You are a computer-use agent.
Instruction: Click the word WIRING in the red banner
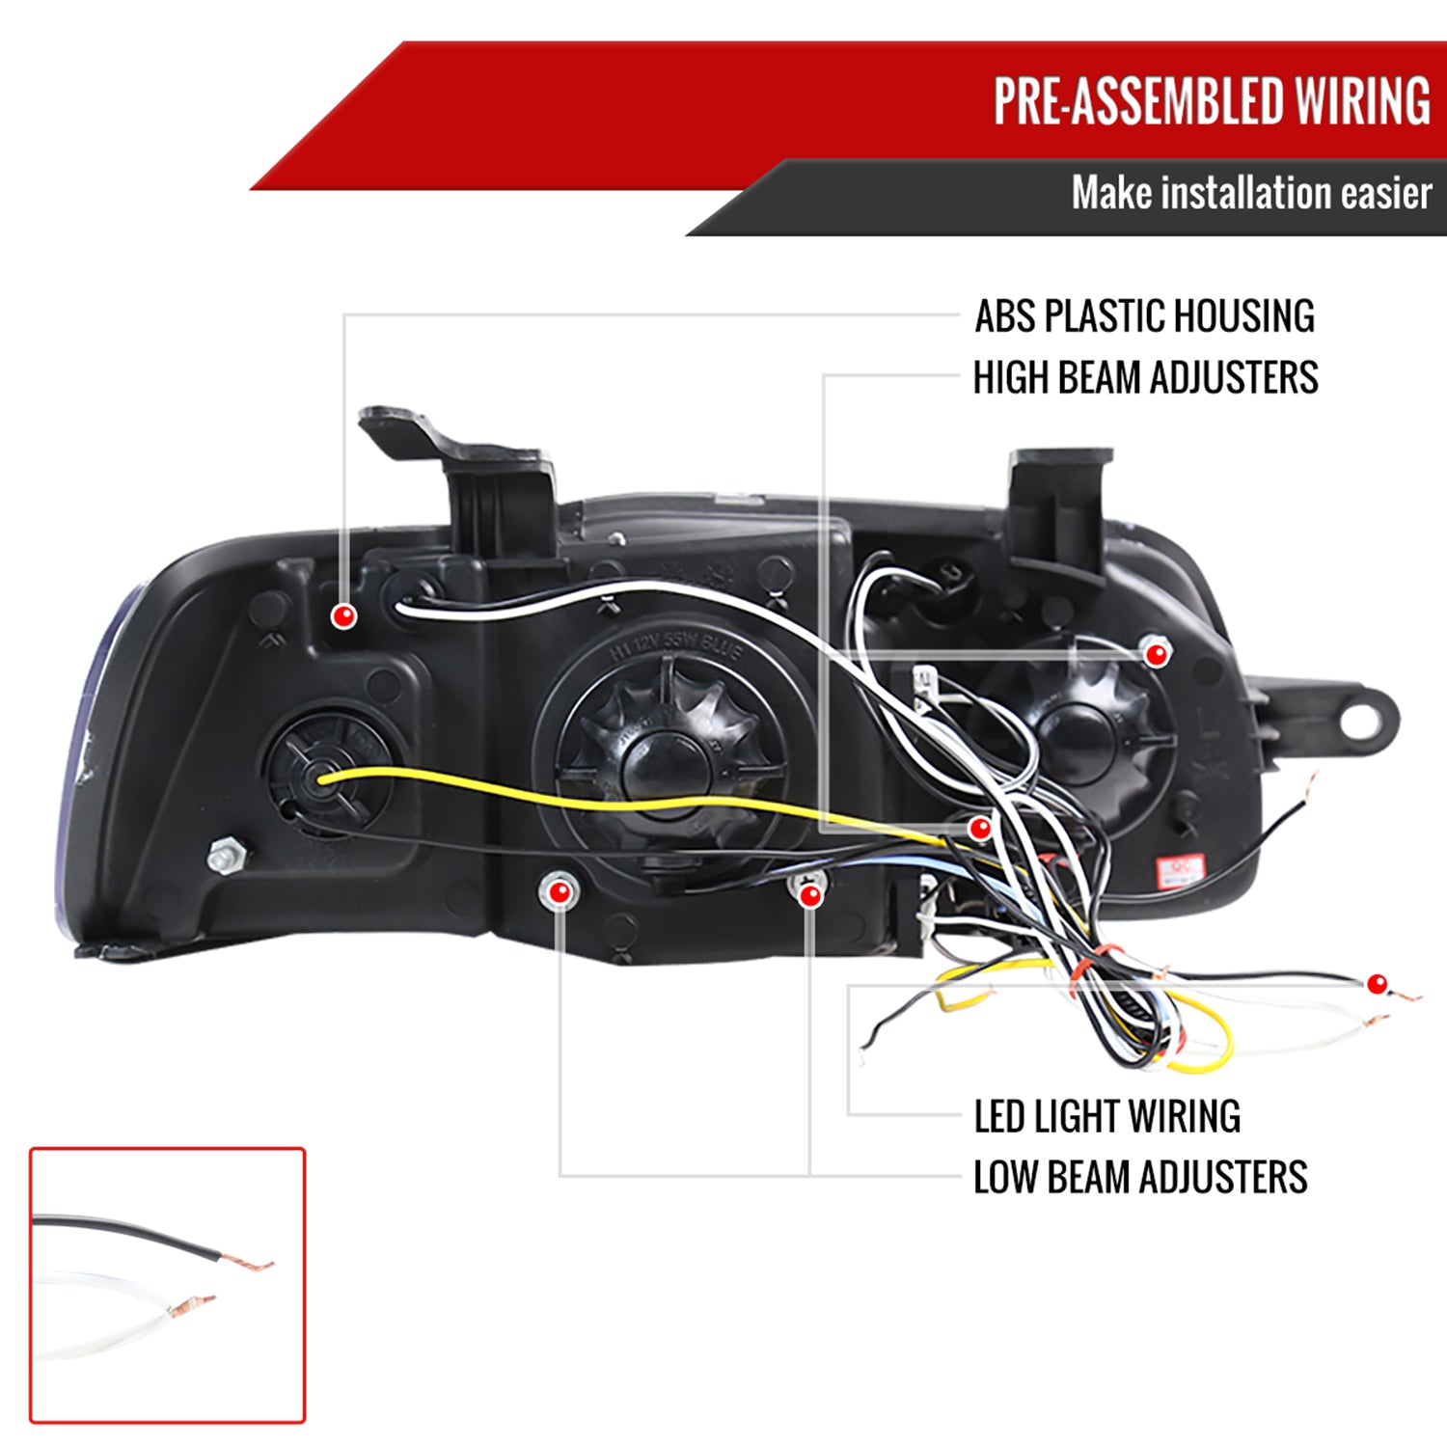(x=1362, y=101)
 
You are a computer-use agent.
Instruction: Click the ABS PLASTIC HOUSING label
(x=1144, y=316)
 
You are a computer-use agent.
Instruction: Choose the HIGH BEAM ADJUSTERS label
(x=1145, y=377)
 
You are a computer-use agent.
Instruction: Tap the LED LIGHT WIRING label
(x=1106, y=1116)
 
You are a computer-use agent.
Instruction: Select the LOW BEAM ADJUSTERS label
(x=1139, y=1178)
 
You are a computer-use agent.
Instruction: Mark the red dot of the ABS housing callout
(x=343, y=615)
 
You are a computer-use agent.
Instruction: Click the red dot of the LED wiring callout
(x=1377, y=984)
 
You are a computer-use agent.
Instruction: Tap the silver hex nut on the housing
(x=226, y=855)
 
